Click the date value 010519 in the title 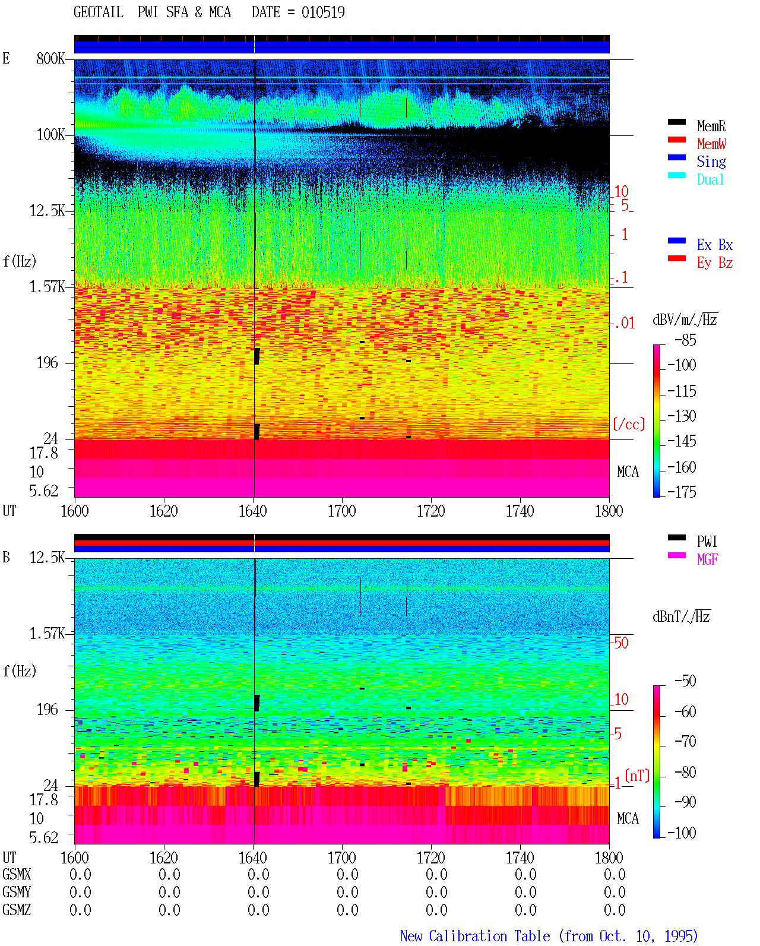click(323, 12)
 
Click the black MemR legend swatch click(676, 122)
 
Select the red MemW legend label click(711, 144)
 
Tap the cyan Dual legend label click(711, 179)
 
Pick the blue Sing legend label click(711, 162)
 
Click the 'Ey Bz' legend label click(715, 263)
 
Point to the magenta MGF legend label click(707, 559)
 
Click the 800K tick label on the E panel click(50, 58)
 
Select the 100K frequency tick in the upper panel click(50, 135)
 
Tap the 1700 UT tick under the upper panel click(341, 511)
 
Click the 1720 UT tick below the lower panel click(431, 858)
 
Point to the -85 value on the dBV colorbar click(686, 340)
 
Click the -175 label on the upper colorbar click(682, 492)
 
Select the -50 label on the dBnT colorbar click(686, 681)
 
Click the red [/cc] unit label click(629, 424)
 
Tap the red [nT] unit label click(637, 776)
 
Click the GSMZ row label click(17, 910)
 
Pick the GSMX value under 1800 click(615, 875)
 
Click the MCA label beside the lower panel click(628, 818)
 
